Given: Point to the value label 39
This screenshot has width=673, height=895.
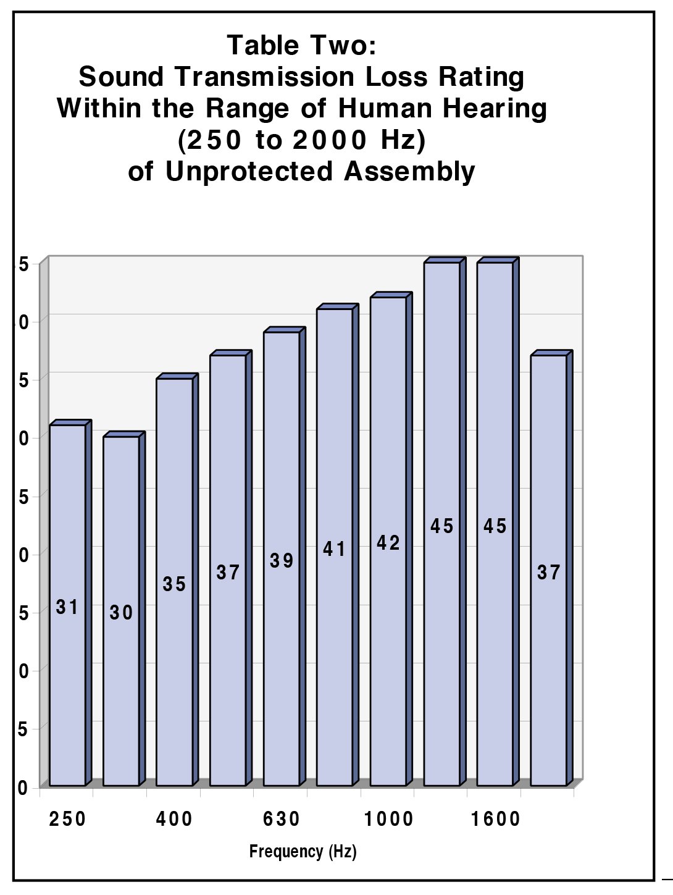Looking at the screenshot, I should [x=282, y=561].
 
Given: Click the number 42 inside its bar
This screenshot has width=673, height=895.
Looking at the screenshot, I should [x=388, y=543].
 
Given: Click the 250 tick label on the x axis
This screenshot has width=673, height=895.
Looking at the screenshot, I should [x=67, y=819].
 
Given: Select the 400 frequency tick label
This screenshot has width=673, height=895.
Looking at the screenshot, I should [x=174, y=819].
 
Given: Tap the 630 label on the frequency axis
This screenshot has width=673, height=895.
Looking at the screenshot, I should [x=282, y=819].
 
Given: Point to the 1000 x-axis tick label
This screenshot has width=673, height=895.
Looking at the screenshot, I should [x=388, y=819].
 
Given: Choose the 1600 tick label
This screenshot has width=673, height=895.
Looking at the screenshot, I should [x=496, y=819].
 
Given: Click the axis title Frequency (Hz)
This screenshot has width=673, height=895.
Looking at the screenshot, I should [x=303, y=852].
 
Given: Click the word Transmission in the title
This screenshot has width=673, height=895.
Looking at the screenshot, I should [x=264, y=77].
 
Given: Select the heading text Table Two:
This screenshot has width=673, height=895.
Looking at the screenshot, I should [x=301, y=45].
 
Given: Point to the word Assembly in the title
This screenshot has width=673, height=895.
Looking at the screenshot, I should [x=409, y=172].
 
